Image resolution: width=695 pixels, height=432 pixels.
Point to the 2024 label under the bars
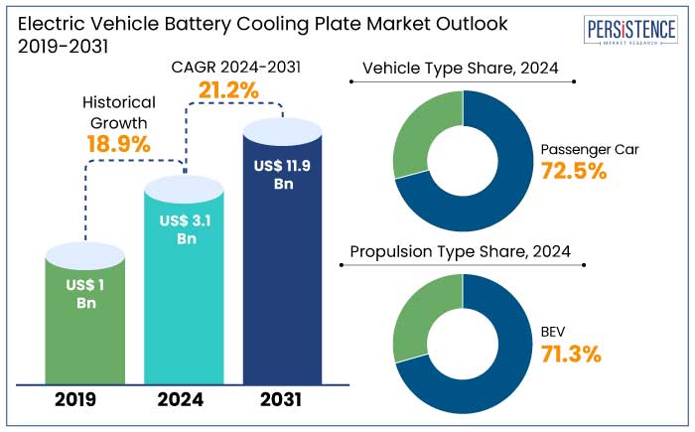[x=179, y=400]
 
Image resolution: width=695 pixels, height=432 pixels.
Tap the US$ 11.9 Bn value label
[x=283, y=175]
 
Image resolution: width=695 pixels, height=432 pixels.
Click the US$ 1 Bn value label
[x=85, y=294]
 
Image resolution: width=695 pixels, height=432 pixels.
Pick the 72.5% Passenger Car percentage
[x=574, y=171]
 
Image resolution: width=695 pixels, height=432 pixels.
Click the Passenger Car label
[x=590, y=150]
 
